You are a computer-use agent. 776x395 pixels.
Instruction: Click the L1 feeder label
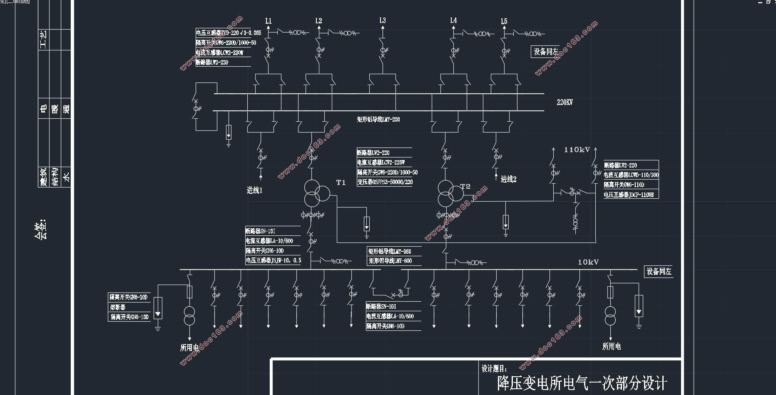269,21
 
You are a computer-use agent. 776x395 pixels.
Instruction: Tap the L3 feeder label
383,20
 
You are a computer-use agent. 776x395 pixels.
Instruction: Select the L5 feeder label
504,21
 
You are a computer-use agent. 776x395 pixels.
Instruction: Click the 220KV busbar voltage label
565,102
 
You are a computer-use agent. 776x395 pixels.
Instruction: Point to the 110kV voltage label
577,150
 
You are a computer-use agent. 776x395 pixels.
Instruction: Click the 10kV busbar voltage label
588,262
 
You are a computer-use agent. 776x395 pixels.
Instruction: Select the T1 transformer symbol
316,193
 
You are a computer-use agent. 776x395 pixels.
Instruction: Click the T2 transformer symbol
449,193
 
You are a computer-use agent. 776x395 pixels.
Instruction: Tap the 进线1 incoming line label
255,190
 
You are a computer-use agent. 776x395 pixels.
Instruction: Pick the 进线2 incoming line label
508,179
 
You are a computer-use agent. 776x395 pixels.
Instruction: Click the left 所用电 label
189,347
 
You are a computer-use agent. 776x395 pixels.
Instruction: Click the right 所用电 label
612,346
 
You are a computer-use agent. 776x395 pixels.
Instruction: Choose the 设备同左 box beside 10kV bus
659,272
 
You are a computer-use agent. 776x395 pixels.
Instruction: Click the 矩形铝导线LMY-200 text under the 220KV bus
378,120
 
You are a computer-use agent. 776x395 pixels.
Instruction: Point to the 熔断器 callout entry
118,307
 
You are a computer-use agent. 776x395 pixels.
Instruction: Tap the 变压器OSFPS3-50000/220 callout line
385,182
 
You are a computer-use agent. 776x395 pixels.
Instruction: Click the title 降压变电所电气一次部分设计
582,383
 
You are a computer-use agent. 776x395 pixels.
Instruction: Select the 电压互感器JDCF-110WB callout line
629,195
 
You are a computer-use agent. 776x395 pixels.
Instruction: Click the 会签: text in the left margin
40,229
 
